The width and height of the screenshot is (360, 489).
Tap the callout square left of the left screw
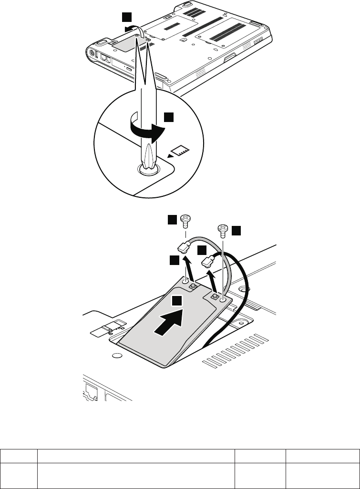172,219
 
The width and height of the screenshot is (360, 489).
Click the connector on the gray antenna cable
184,247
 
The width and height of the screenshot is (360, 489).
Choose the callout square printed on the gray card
177,300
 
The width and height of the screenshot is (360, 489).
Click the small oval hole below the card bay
115,356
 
